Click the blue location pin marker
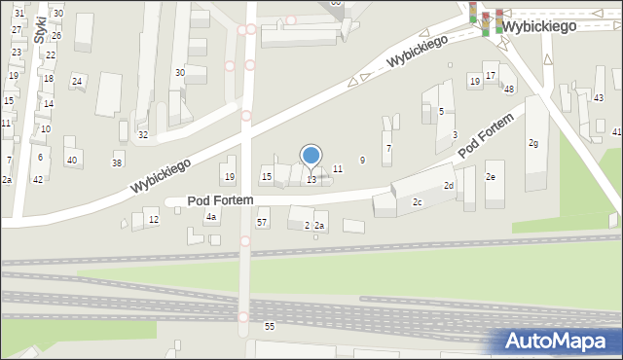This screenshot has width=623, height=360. point(311,156)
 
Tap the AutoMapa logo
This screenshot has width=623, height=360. point(559,341)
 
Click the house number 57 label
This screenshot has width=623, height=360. point(262,223)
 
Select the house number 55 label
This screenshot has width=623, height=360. point(270,326)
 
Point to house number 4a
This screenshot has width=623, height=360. point(210,217)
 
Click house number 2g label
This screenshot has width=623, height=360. point(533,144)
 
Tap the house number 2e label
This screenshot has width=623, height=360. point(491,177)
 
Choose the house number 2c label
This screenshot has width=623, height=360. point(417,202)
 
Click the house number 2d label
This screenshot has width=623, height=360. point(449,186)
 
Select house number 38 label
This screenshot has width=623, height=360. point(117,162)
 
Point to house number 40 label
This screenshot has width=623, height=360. point(71,160)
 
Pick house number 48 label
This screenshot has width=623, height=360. point(509,90)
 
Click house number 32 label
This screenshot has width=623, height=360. point(143,134)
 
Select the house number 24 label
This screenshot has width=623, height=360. point(77,81)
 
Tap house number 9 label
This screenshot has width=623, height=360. point(362,160)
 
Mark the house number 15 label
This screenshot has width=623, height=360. point(267,176)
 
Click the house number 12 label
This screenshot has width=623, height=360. point(154,220)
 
